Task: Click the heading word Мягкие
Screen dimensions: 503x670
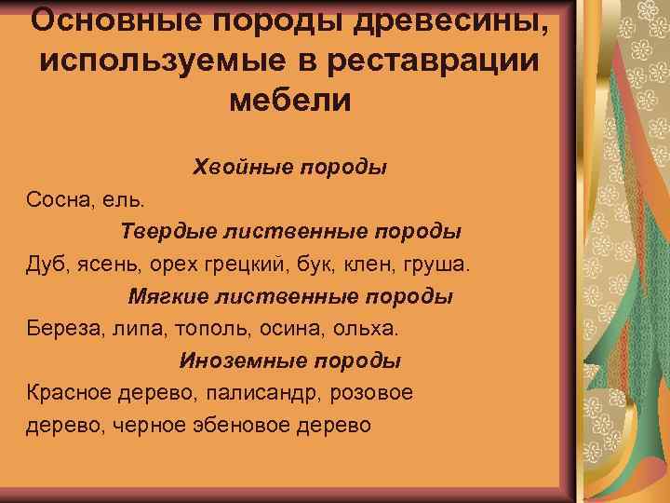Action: tap(167, 296)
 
